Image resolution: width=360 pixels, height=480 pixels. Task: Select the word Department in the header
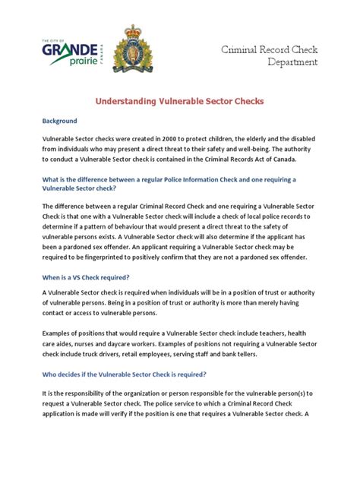click(x=292, y=62)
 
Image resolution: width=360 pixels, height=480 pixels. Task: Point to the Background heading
click(x=60, y=121)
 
